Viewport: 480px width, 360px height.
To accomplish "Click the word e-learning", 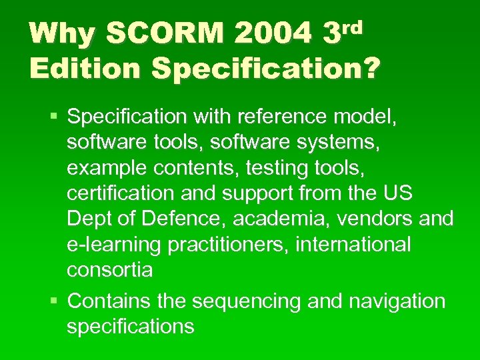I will [114, 245].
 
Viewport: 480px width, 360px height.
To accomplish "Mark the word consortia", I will [109, 270].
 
